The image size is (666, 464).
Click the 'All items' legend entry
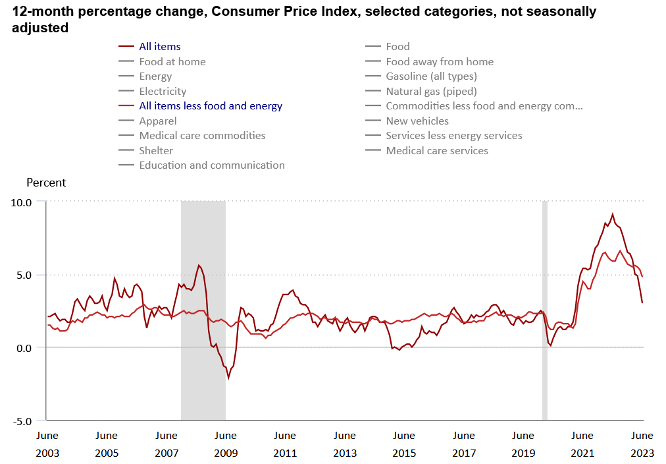[159, 47]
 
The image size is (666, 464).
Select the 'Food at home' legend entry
[172, 62]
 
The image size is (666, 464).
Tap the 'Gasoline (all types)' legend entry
[431, 76]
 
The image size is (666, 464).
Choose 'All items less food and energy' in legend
[211, 106]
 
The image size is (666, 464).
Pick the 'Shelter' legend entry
[156, 151]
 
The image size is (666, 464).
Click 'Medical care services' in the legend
[437, 151]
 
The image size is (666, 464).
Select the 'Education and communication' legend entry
[212, 165]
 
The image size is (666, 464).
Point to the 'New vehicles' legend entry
[417, 121]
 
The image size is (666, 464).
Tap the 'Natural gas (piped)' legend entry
[431, 92]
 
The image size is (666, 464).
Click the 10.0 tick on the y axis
[22, 202]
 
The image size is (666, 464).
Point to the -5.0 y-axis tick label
[22, 421]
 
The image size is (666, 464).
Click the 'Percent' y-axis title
[46, 183]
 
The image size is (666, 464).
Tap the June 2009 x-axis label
[226, 444]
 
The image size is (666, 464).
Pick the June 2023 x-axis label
[642, 444]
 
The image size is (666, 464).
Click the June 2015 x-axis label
[404, 444]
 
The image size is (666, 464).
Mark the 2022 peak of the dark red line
[613, 214]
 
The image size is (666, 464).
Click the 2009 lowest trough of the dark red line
[228, 378]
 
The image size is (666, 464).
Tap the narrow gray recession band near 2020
[545, 310]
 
